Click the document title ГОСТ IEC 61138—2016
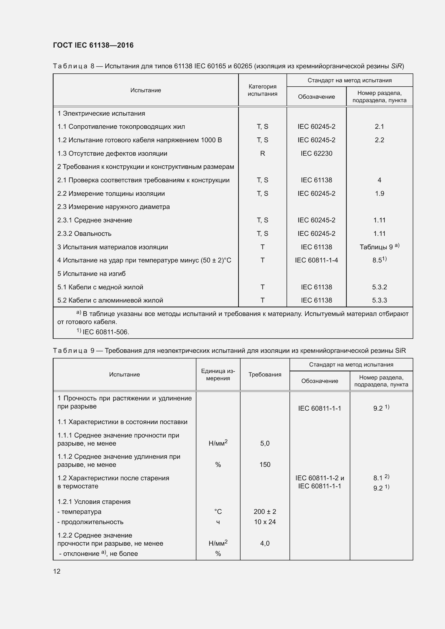93,45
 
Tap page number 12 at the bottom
57,571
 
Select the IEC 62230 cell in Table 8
316,153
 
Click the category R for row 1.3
262,153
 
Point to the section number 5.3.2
379,287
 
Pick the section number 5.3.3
379,300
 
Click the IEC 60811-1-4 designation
316,260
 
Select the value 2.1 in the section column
379,127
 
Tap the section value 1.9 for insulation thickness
379,194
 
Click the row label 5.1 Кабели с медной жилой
100,287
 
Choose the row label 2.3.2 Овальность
84,234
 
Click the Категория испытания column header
262,90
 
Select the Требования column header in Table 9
265,375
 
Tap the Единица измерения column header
218,375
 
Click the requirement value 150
265,465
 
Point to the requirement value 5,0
265,443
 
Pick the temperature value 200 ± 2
265,511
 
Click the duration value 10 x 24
265,522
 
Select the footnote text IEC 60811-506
105,332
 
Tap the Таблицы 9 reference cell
379,247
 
